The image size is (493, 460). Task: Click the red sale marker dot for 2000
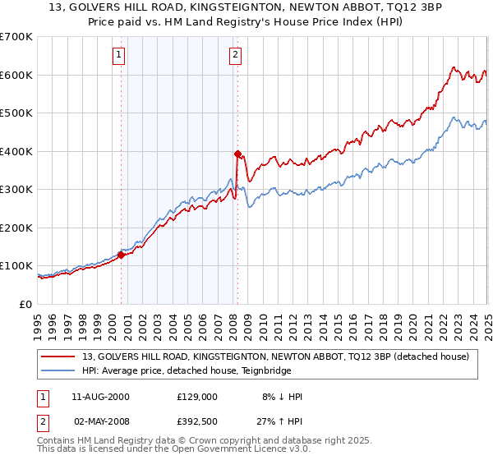(x=121, y=255)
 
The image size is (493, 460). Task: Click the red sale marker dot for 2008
(x=237, y=154)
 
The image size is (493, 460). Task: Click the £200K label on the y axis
(x=16, y=228)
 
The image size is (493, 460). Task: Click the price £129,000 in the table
(x=197, y=397)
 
